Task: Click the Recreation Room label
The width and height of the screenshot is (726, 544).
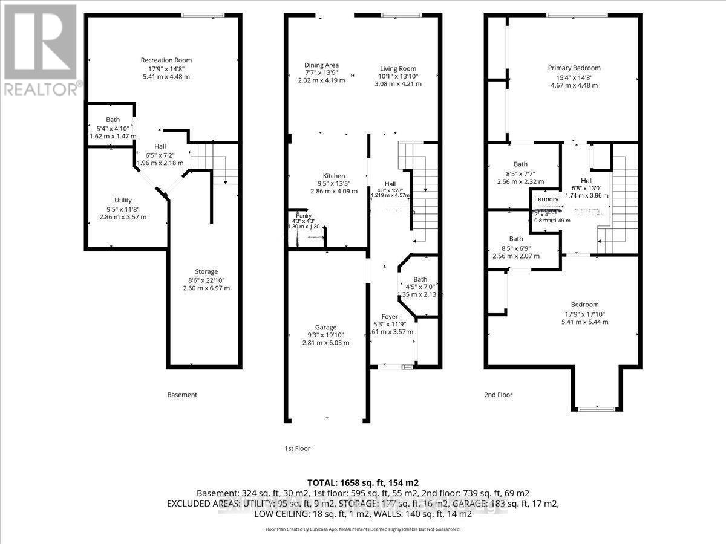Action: click(166, 60)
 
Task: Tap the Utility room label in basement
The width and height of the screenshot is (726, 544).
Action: click(123, 200)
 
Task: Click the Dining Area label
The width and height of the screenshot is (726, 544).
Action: click(321, 65)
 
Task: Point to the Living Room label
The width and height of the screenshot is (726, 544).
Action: click(397, 69)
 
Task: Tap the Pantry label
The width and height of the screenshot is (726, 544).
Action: click(303, 215)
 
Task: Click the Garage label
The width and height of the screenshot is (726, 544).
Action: click(325, 327)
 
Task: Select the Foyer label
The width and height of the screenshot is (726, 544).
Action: click(390, 317)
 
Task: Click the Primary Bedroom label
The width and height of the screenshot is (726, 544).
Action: click(574, 68)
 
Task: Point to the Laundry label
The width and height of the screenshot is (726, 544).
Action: click(546, 199)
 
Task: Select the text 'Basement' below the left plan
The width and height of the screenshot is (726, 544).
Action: click(182, 395)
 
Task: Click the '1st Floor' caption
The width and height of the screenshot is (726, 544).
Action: click(297, 448)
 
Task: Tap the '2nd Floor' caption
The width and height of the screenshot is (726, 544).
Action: click(498, 395)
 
